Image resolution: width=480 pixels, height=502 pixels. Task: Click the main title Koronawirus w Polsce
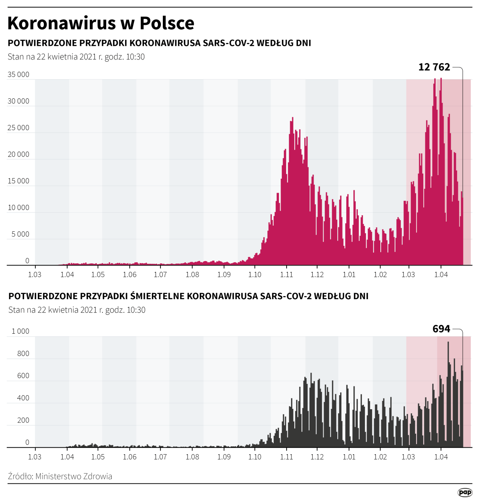point(101,23)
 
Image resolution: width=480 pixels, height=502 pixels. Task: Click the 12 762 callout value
point(434,67)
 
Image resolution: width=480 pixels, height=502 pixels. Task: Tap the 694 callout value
point(441,329)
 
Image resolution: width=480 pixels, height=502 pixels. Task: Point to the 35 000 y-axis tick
point(18,74)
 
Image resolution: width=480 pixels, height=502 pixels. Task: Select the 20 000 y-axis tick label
point(18,154)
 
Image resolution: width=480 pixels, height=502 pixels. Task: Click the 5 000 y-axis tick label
point(20,234)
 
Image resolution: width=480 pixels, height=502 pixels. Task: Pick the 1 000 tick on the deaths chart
point(20,331)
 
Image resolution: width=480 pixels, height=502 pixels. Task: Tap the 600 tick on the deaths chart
point(23,376)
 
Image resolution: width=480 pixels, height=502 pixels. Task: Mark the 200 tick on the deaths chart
point(23,420)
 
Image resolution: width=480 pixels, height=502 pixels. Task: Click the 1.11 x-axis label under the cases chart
point(287,275)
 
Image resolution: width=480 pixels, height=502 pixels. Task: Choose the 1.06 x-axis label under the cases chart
point(129,275)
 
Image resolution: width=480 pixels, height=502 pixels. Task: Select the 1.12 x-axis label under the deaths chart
point(317,457)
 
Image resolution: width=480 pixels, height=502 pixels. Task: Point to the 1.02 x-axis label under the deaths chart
point(380,457)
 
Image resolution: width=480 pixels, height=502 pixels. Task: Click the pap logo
point(465,492)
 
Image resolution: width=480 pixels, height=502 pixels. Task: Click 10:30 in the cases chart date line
point(135,57)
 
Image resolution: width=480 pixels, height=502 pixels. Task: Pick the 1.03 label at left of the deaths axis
point(35,457)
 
